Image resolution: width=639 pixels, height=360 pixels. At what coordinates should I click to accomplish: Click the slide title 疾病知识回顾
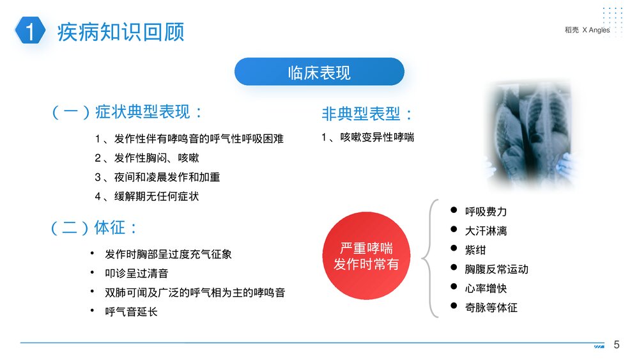coord(121,31)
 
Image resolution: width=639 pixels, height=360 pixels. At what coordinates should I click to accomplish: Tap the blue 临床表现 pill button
coord(319,72)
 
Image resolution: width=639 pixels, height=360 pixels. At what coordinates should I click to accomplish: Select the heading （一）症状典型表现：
coord(127,113)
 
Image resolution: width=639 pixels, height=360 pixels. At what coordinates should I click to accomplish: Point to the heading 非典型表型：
coord(368,114)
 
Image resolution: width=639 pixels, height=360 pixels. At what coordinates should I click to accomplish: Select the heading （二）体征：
coord(95,228)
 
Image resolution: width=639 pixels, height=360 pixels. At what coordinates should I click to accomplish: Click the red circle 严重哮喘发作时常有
coord(366,256)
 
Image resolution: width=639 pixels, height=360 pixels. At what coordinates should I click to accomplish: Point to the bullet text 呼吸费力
coord(486,212)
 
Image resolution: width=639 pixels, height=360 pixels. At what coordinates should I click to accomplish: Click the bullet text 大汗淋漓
coord(486,231)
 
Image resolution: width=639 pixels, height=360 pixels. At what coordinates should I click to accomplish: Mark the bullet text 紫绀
coord(475,250)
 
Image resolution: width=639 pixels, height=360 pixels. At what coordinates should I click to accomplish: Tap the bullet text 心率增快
coord(486,288)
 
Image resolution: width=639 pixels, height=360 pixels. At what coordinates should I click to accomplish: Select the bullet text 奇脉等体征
coord(491,308)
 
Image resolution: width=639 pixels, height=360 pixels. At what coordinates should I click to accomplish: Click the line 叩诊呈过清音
coord(137,273)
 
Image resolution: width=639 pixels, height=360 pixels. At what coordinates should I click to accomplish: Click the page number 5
coord(617,345)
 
